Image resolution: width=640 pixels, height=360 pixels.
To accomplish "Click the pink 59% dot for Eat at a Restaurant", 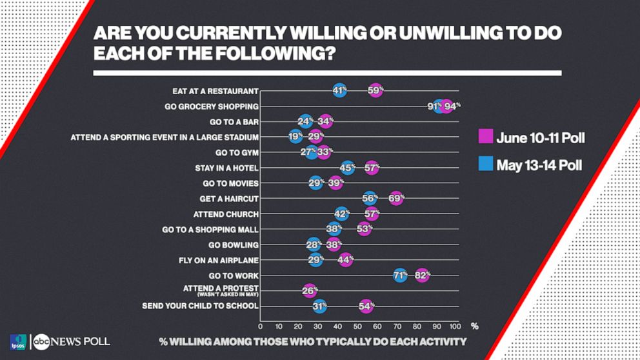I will pyautogui.click(x=375, y=91).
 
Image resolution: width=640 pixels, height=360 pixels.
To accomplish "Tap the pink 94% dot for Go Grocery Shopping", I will pyautogui.click(x=446, y=106).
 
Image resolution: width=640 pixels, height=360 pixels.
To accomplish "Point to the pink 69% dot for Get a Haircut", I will pyautogui.click(x=396, y=198).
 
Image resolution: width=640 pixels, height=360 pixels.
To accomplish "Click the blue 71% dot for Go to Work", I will pyautogui.click(x=400, y=275).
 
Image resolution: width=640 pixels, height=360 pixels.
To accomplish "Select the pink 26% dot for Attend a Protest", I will pyautogui.click(x=310, y=291).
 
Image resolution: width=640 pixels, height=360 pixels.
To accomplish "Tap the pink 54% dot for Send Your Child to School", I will pyautogui.click(x=366, y=306).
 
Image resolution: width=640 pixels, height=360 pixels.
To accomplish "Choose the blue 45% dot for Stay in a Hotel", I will pyautogui.click(x=348, y=168).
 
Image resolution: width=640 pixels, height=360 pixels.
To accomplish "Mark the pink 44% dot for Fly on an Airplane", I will pyautogui.click(x=346, y=260).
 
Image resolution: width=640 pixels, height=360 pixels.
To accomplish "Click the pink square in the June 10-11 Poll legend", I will pyautogui.click(x=486, y=137).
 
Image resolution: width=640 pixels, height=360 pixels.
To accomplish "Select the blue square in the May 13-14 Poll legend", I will pyautogui.click(x=486, y=165).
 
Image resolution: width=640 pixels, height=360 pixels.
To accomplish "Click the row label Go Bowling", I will pyautogui.click(x=233, y=245).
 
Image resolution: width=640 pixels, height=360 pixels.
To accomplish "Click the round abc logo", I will pyautogui.click(x=42, y=342).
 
